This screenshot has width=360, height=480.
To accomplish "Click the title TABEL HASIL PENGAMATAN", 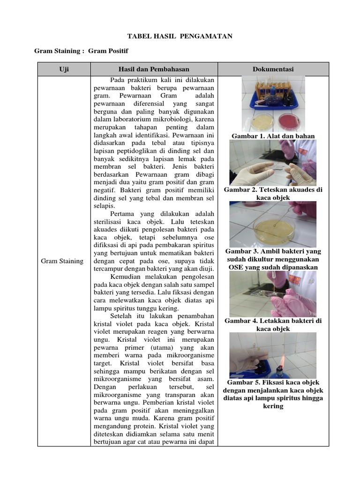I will coord(180,36).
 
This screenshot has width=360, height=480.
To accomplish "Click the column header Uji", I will coord(64,69).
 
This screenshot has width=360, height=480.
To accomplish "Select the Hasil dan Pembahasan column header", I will coord(154,69).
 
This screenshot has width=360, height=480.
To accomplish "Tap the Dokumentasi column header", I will coord(273,69).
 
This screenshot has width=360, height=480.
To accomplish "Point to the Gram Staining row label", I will coord(62,261).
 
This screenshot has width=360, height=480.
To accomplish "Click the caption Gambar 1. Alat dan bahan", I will coord(273,136).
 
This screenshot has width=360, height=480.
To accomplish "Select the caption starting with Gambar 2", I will coord(273,194).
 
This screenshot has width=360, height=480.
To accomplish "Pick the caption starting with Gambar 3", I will coord(273,259).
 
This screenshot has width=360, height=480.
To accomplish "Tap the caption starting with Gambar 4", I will coord(273,325).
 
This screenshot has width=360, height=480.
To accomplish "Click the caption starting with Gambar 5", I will coord(273,394).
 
